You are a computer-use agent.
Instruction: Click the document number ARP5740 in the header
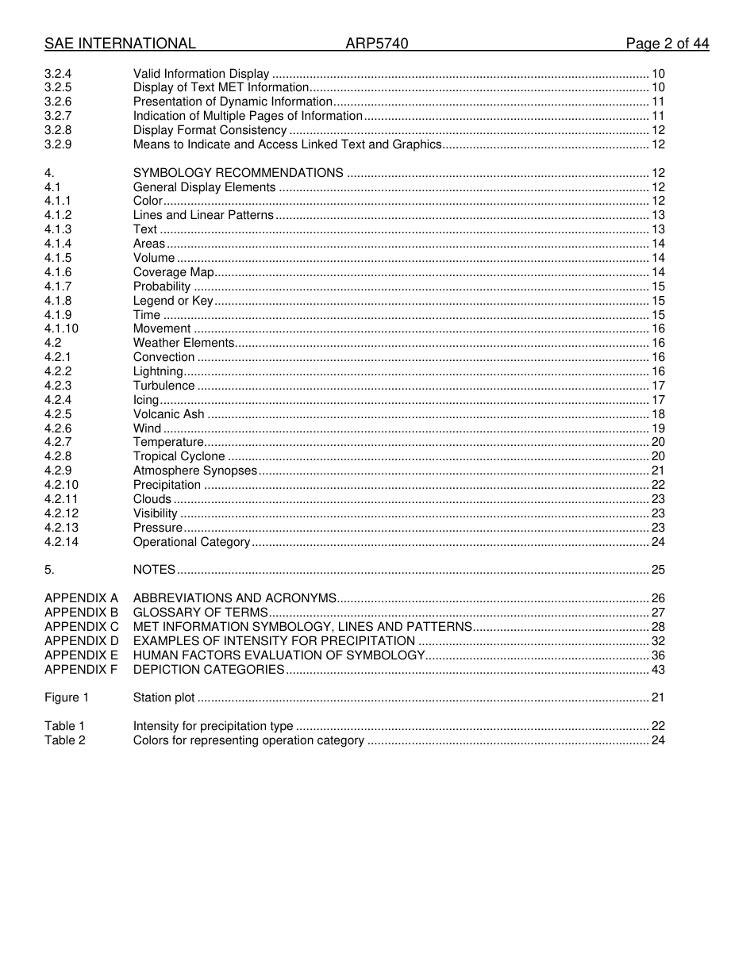click(376, 44)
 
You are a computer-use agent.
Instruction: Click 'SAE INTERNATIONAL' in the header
click(120, 44)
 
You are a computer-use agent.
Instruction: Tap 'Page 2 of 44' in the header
click(667, 44)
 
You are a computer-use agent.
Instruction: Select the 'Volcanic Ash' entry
click(168, 414)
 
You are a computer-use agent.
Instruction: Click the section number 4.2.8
click(58, 456)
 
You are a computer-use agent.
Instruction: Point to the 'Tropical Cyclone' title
click(179, 456)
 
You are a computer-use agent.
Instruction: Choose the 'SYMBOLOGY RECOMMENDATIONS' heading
click(238, 173)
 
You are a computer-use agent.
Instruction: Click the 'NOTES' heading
click(154, 570)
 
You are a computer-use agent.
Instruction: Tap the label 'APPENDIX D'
click(81, 641)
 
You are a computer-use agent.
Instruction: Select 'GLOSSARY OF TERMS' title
click(200, 613)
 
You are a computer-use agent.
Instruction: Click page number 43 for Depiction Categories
click(658, 670)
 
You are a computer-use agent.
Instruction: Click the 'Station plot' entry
click(163, 697)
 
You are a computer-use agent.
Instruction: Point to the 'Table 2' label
click(65, 740)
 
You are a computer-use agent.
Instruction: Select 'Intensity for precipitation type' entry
click(213, 726)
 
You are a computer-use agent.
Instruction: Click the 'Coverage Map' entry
click(168, 272)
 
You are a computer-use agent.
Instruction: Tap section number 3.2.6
click(58, 102)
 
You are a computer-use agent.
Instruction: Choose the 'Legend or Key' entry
click(173, 301)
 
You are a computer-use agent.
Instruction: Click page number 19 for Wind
click(658, 428)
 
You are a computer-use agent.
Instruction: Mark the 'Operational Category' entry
click(191, 542)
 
